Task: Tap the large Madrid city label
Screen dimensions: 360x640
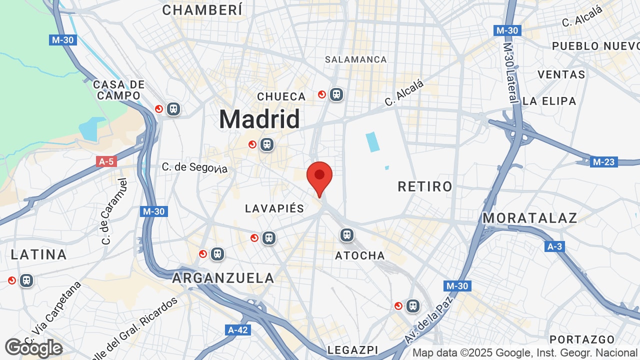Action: (259, 119)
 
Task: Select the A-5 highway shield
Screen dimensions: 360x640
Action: (106, 161)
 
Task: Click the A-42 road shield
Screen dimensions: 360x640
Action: (238, 330)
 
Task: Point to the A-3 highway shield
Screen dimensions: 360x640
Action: (554, 246)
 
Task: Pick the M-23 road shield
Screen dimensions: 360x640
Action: (604, 162)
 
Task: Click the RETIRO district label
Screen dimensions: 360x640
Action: (425, 186)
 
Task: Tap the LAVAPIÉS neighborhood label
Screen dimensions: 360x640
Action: (274, 208)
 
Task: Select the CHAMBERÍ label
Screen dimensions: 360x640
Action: (202, 9)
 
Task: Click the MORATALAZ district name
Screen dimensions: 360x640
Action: (530, 218)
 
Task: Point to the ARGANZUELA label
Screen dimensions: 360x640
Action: (223, 278)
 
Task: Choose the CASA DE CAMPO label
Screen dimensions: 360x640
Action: (119, 90)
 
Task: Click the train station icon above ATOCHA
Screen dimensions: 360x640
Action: (346, 234)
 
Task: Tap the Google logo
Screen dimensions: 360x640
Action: (33, 348)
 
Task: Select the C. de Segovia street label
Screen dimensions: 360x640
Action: (194, 167)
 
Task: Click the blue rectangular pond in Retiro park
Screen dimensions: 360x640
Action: (372, 141)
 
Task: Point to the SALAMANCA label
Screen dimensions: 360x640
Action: (356, 59)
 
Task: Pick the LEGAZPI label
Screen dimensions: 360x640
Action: (352, 350)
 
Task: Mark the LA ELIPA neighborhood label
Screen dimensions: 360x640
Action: (549, 101)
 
